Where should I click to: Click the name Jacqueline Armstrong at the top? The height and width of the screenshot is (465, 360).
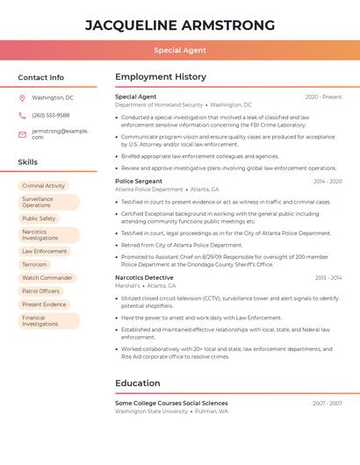pyautogui.click(x=180, y=25)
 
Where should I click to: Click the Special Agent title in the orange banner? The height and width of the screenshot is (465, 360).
pyautogui.click(x=180, y=50)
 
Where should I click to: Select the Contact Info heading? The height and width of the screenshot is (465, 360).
pyautogui.click(x=41, y=77)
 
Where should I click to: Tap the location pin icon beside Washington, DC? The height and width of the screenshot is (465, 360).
pyautogui.click(x=22, y=97)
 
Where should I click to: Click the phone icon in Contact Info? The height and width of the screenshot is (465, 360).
pyautogui.click(x=22, y=115)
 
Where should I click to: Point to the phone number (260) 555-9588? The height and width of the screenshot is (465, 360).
pyautogui.click(x=51, y=115)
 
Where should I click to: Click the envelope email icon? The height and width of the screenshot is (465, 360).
pyautogui.click(x=22, y=133)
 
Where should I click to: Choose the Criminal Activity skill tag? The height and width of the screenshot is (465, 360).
pyautogui.click(x=44, y=186)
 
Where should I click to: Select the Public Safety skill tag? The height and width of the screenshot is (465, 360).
pyautogui.click(x=39, y=218)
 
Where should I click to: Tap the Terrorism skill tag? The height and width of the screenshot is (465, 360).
pyautogui.click(x=34, y=264)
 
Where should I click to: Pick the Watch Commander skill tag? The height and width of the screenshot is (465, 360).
pyautogui.click(x=47, y=277)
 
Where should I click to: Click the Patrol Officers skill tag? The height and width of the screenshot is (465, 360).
pyautogui.click(x=41, y=290)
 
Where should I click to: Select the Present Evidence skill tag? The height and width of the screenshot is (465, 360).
pyautogui.click(x=44, y=304)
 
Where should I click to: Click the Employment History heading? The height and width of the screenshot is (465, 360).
pyautogui.click(x=161, y=77)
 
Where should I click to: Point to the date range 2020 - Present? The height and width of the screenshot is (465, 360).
pyautogui.click(x=323, y=97)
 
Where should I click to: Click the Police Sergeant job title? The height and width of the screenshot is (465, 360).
pyautogui.click(x=139, y=181)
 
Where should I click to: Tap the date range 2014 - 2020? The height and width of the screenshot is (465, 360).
pyautogui.click(x=328, y=182)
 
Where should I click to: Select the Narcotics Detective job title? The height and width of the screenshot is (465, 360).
pyautogui.click(x=144, y=277)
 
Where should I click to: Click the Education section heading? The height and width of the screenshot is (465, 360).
pyautogui.click(x=138, y=383)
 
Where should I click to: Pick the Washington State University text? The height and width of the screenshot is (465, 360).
pyautogui.click(x=152, y=411)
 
